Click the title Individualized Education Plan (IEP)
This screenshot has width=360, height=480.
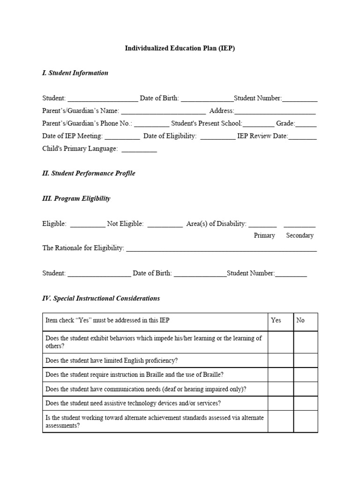point(180,48)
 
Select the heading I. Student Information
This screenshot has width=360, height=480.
point(75,73)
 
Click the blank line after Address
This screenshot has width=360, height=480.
point(275,112)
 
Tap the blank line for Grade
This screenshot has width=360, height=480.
point(306,124)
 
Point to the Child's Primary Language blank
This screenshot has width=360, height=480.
point(139,150)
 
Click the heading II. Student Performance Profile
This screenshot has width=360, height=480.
point(89,173)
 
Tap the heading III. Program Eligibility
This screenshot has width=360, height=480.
point(76,199)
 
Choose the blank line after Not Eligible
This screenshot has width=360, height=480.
point(165,225)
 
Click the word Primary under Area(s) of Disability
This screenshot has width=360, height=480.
point(264,236)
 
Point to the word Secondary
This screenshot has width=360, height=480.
point(300,236)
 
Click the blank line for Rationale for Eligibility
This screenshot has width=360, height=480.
point(221,249)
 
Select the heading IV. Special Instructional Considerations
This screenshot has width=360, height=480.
point(101,299)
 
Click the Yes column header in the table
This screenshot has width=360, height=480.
point(276,320)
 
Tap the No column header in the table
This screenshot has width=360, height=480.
point(300,320)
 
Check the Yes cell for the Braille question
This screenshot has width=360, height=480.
point(280,375)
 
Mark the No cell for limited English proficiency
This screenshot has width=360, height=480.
point(306,360)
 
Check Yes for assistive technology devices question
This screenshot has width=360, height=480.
point(280,404)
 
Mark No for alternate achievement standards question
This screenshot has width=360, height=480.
point(306,422)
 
